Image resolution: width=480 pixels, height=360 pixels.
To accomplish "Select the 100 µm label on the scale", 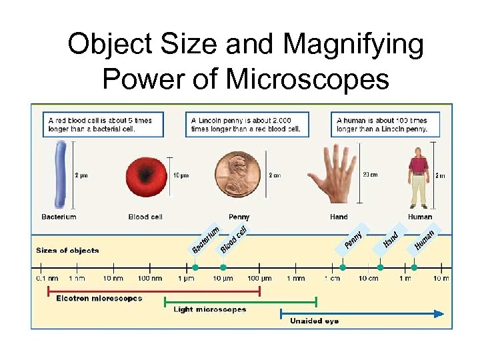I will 259,278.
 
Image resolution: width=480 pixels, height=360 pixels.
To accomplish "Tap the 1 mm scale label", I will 297,278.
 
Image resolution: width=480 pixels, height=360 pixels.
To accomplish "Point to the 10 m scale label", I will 441,278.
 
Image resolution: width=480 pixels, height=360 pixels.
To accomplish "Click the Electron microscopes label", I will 99,299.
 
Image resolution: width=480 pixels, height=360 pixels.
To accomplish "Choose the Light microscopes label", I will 210,309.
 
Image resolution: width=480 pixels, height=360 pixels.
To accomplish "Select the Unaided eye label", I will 314,321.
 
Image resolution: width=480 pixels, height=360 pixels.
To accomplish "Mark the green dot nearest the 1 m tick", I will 414,267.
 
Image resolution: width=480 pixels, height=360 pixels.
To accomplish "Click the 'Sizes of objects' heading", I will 67,251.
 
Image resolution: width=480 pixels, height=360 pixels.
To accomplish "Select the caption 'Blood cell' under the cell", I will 145,217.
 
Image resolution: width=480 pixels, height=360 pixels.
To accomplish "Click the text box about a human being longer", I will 385,124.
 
